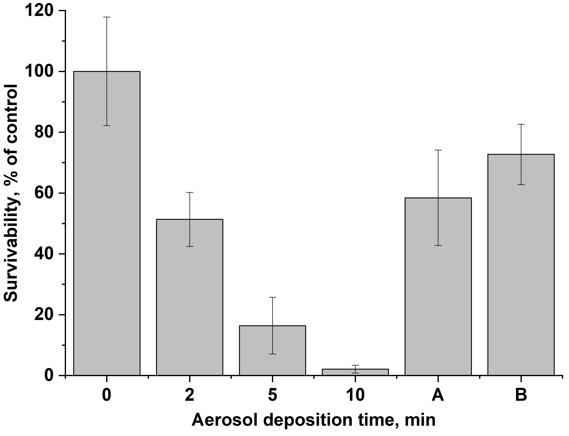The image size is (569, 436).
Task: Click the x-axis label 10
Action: [355, 395]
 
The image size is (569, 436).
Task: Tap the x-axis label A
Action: [438, 395]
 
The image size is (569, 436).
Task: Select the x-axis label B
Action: [521, 395]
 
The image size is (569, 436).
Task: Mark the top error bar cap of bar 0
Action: [107, 17]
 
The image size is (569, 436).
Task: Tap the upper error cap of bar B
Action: [521, 124]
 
